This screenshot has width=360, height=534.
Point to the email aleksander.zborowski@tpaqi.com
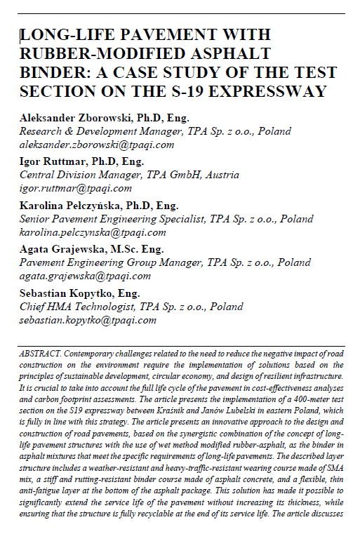click(x=96, y=145)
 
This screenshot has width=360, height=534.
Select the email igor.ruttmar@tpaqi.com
click(x=75, y=187)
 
